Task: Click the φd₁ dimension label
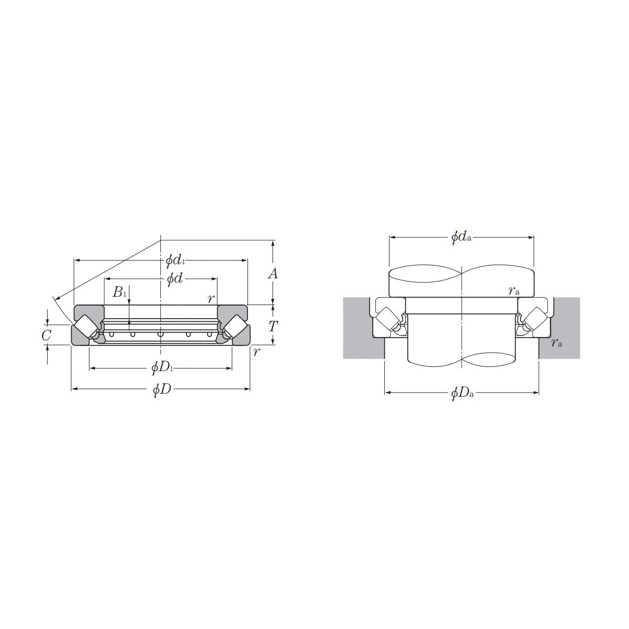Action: (175, 261)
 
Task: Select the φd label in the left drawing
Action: (175, 279)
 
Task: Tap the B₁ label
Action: (119, 292)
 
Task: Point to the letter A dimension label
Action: (273, 274)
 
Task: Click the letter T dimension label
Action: (273, 326)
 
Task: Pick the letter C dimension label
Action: (46, 335)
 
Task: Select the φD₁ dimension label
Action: (162, 368)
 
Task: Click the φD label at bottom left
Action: (162, 389)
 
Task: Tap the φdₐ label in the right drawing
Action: (461, 237)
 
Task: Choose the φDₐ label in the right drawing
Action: (462, 393)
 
